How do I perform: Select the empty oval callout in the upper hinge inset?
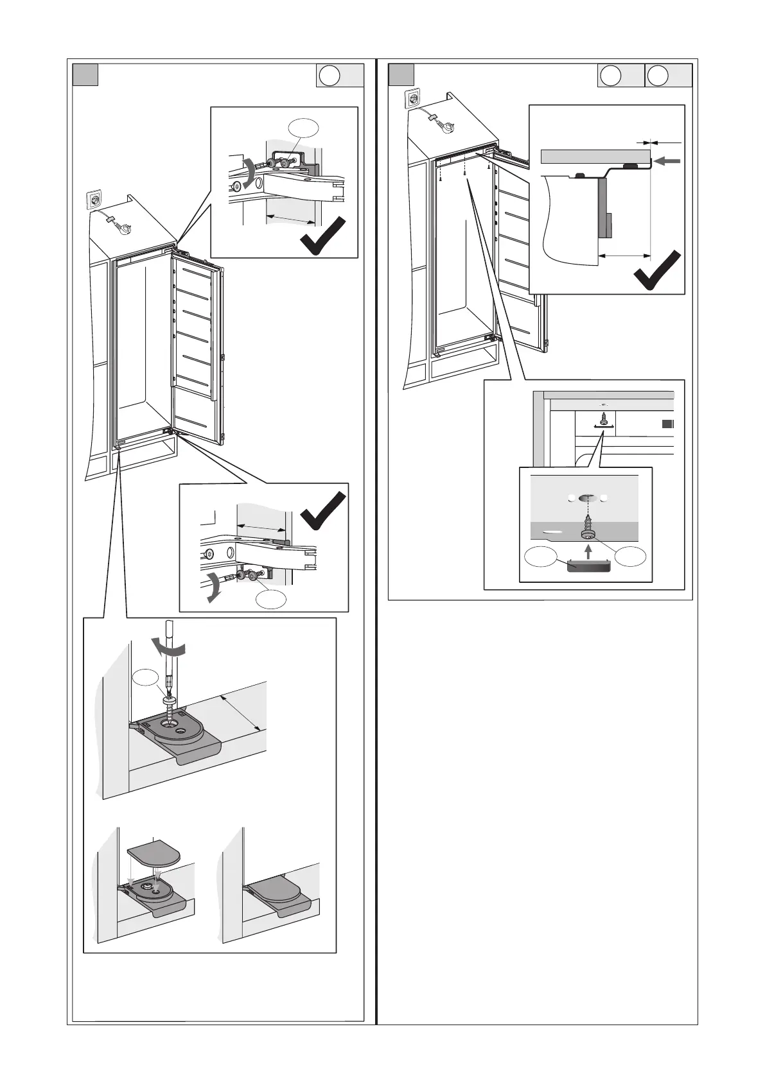point(303,128)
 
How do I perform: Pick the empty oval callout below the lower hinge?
point(271,599)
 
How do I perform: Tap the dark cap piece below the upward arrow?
point(587,565)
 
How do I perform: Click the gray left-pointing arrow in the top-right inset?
point(668,162)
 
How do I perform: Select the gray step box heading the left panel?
point(85,75)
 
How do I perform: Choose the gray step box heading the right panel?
point(402,75)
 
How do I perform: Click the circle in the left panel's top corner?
point(330,76)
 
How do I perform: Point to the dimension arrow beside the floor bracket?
point(240,713)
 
